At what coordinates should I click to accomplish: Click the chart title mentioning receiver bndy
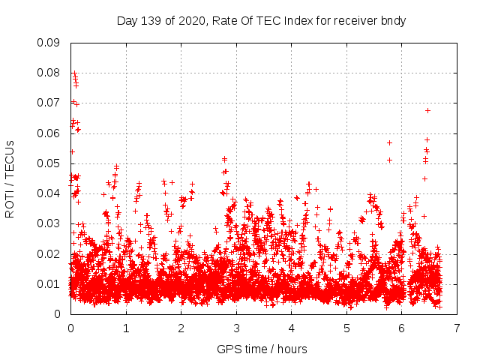pos(261,21)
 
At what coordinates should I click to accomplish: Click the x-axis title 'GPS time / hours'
pos(261,349)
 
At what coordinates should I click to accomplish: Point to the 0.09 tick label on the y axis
pos(49,43)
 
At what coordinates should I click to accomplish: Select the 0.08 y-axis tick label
pos(49,73)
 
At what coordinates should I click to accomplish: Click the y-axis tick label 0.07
pos(49,103)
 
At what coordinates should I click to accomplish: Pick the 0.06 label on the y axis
pos(49,133)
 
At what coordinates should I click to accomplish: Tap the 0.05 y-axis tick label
pos(49,163)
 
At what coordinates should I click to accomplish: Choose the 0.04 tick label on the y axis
pos(49,193)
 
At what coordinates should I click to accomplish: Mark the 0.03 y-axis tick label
pos(49,223)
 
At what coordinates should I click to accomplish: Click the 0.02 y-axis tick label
pos(49,253)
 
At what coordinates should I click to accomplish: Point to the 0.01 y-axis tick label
pos(49,283)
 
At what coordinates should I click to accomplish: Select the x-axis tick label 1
pos(126,328)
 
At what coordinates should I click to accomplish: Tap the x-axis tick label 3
pos(236,328)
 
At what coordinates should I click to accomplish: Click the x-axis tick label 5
pos(346,328)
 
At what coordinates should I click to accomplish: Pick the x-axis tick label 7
pos(457,328)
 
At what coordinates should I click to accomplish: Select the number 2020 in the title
pos(191,21)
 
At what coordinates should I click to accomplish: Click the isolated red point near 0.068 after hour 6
pos(427,110)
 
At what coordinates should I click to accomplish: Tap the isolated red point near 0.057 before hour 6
pos(389,142)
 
